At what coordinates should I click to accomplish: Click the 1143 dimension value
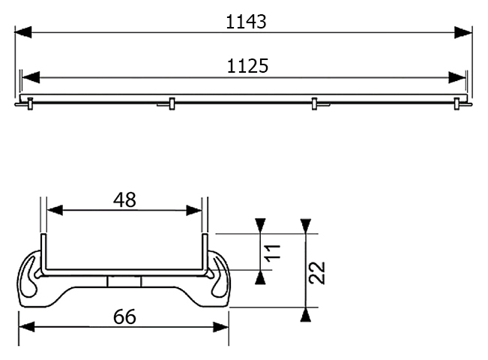coord(246,22)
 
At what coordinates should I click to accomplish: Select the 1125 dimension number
coord(247,66)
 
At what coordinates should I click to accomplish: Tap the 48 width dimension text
coord(124,200)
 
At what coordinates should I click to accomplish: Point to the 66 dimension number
coord(124,316)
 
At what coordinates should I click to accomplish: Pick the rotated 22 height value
coord(317,272)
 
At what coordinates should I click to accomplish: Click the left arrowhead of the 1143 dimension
coord(23,32)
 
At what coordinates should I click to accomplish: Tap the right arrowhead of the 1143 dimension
coord(463,32)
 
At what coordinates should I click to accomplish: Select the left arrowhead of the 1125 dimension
coord(31,77)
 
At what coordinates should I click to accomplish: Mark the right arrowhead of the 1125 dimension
coord(457,77)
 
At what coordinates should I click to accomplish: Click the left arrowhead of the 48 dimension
coord(55,210)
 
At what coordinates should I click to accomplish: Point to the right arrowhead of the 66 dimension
coord(221,327)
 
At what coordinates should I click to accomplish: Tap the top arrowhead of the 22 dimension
coord(306,226)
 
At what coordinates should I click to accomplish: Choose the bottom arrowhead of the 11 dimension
coord(260,277)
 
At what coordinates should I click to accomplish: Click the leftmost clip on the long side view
coord(30,103)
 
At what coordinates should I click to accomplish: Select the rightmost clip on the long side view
coord(457,103)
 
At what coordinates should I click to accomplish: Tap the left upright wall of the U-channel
coord(43,253)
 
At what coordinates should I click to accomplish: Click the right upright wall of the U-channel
coord(205,253)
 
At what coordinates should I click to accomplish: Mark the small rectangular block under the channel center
coord(124,281)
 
